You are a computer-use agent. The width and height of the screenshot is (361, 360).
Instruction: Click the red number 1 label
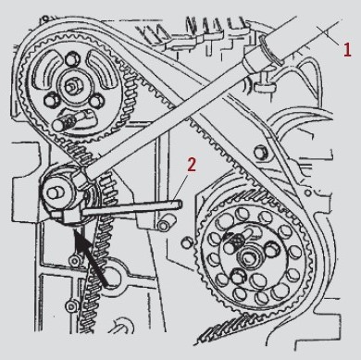click(347, 50)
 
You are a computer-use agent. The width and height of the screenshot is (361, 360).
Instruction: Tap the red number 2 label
click(192, 165)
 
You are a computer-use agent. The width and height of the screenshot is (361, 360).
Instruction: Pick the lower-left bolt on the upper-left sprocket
click(51, 100)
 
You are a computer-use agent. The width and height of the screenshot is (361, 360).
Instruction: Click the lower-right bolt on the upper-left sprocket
click(97, 101)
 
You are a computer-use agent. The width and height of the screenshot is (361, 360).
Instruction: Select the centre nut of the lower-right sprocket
click(248, 256)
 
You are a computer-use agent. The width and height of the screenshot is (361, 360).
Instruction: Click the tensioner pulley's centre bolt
click(55, 192)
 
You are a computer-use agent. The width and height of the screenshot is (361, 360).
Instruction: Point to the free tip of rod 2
click(180, 204)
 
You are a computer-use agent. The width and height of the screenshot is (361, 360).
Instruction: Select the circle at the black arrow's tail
click(112, 277)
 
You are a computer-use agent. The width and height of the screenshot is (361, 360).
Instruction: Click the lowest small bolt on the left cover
click(70, 306)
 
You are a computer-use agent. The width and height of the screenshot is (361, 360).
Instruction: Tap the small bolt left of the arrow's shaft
click(74, 261)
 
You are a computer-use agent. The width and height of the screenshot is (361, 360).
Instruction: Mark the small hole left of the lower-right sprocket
click(185, 243)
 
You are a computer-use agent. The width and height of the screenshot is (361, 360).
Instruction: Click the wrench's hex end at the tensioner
click(80, 180)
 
